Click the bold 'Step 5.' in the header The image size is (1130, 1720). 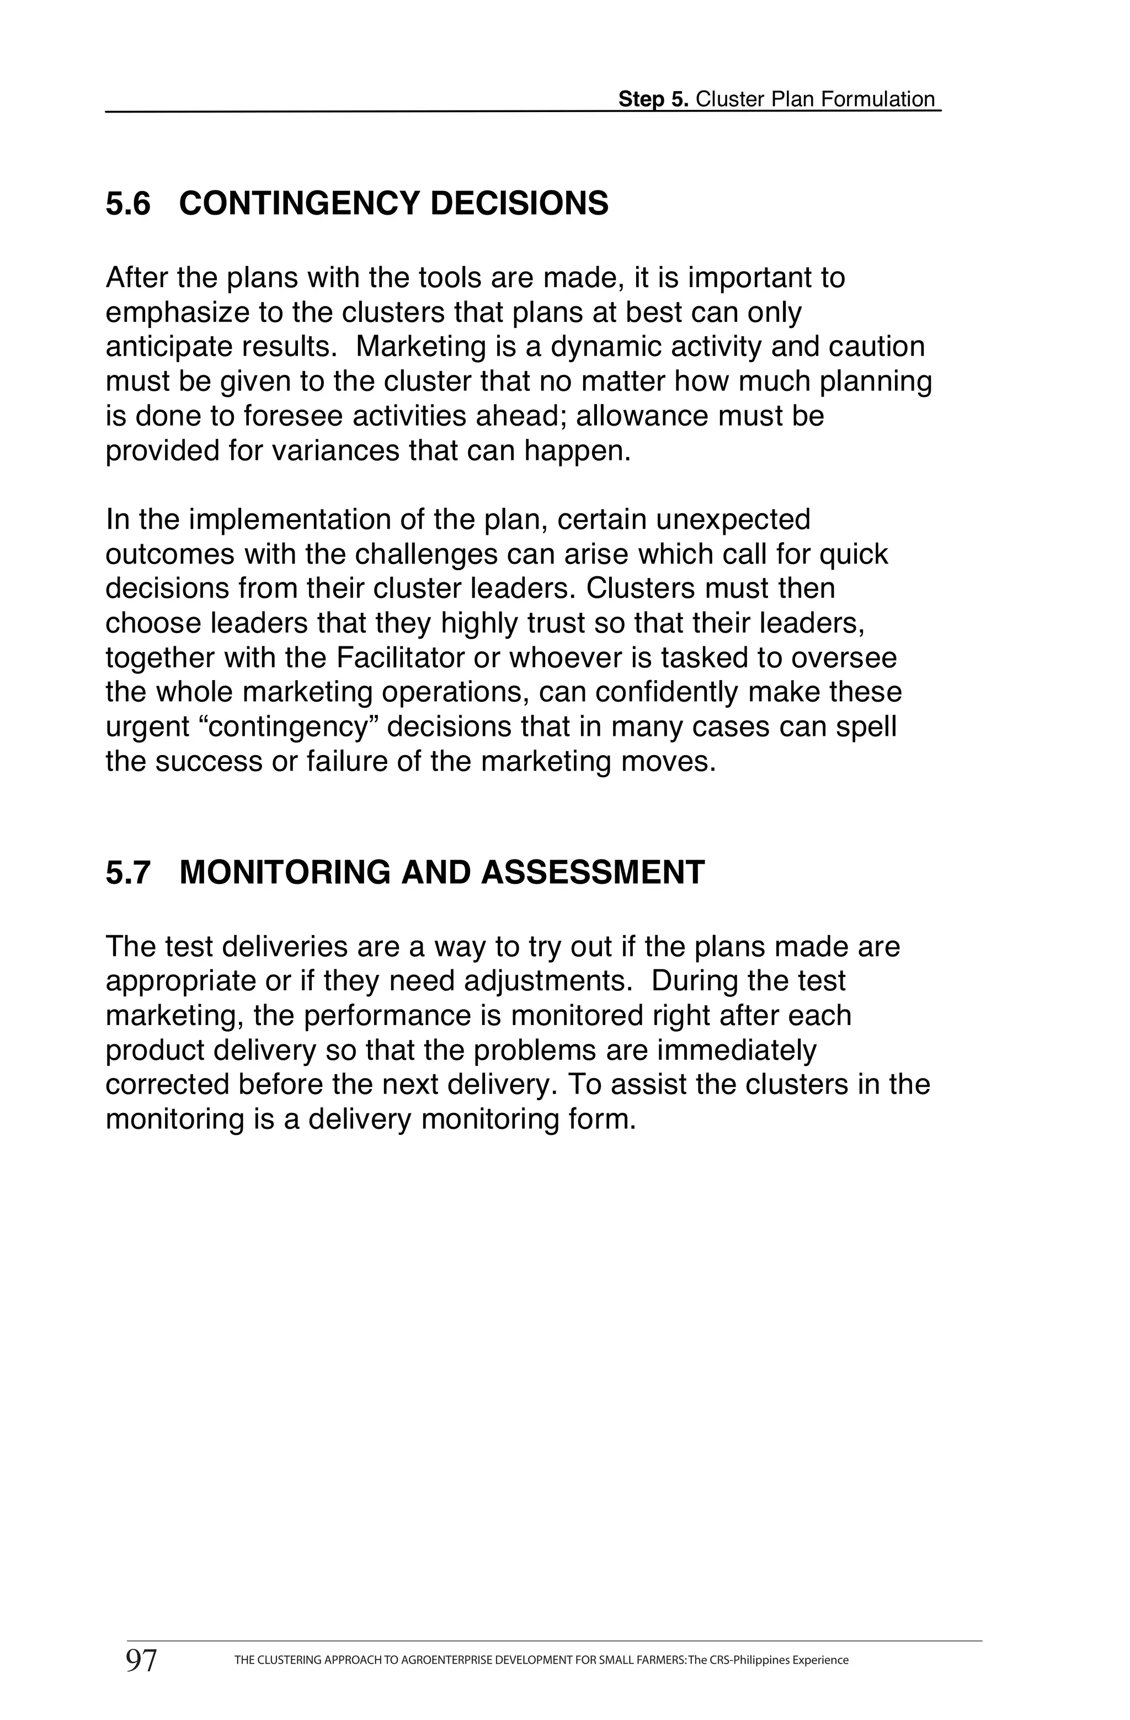(x=653, y=100)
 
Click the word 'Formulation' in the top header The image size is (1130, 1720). (x=878, y=100)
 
